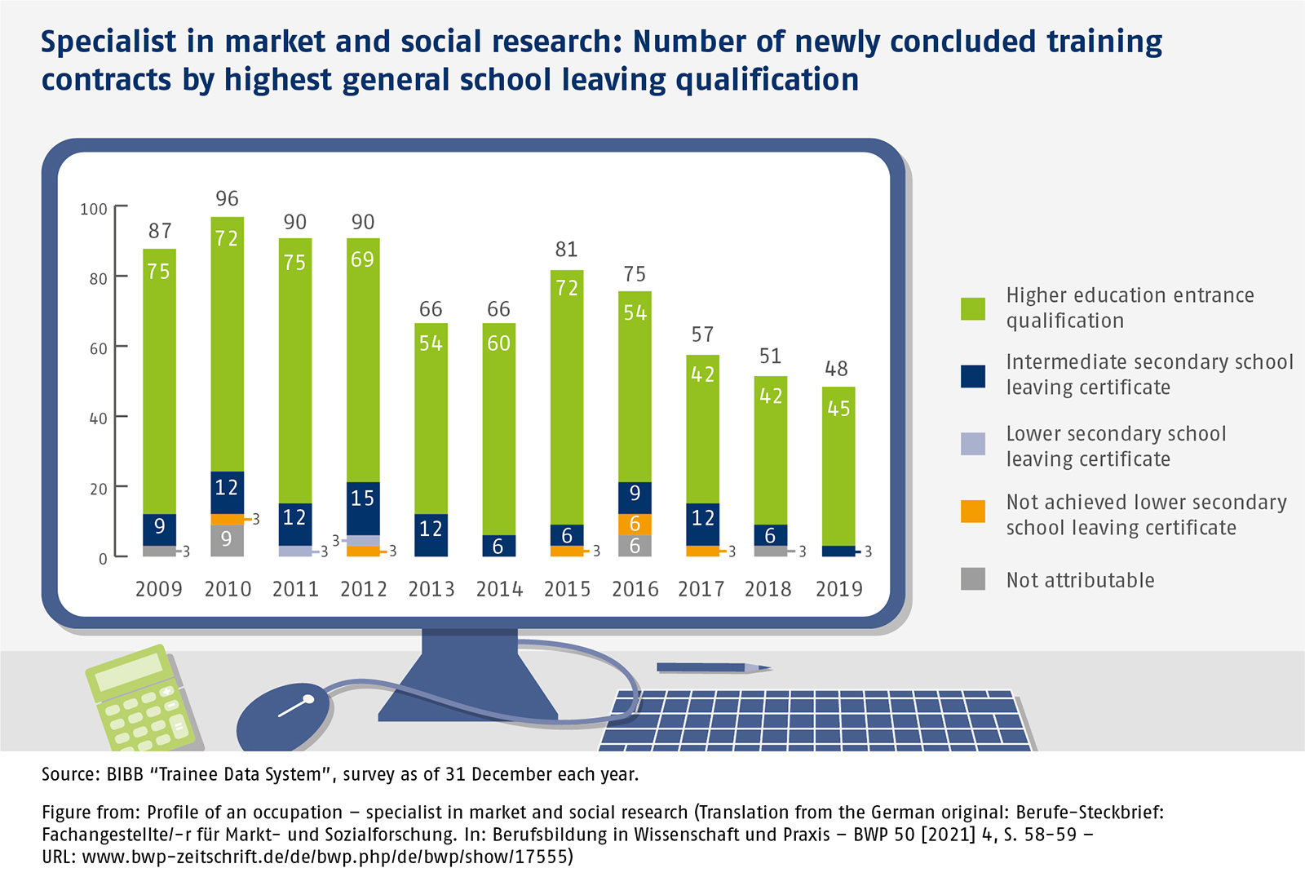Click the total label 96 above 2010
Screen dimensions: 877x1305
pyautogui.click(x=227, y=198)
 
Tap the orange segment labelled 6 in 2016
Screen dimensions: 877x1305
pyautogui.click(x=635, y=524)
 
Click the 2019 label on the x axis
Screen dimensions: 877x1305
pyautogui.click(x=838, y=589)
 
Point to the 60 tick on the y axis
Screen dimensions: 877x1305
pyautogui.click(x=99, y=348)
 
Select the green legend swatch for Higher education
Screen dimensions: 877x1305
pyautogui.click(x=973, y=308)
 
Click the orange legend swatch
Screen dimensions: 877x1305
pyautogui.click(x=973, y=512)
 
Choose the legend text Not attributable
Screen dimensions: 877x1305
pyautogui.click(x=1080, y=580)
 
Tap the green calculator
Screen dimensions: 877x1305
pyautogui.click(x=140, y=698)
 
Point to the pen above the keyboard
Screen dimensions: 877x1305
pyautogui.click(x=713, y=668)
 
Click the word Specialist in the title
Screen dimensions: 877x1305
pyautogui.click(x=108, y=42)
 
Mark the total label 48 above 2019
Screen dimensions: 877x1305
pyautogui.click(x=836, y=369)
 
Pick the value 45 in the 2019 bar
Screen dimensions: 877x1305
pyautogui.click(x=838, y=408)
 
